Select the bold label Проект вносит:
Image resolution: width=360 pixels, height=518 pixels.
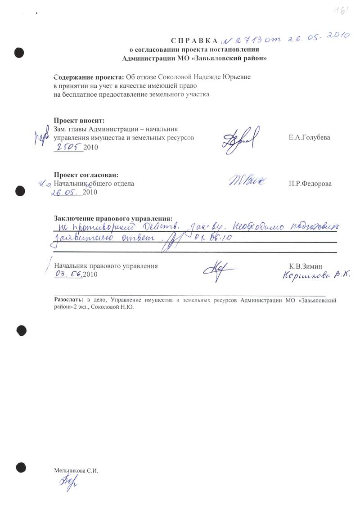coord(79,120)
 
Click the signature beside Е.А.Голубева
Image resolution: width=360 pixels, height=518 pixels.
coord(240,140)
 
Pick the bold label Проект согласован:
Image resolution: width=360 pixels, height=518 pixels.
coord(86,175)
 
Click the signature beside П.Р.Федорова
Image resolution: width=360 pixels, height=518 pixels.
coord(247,181)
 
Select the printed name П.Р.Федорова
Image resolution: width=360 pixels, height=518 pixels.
coord(310,184)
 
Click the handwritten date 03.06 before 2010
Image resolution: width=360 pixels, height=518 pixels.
coord(68,274)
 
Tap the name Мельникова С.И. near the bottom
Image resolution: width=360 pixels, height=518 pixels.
coord(76,470)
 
